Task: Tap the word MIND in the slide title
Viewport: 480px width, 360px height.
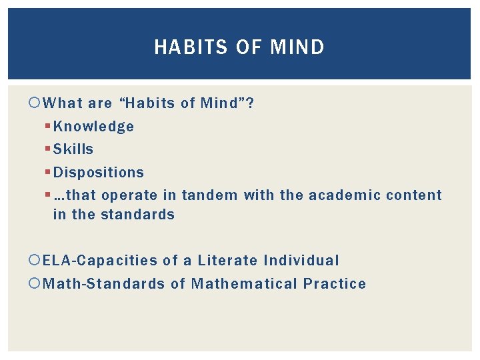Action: [298, 47]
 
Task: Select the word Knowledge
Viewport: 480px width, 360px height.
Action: [93, 127]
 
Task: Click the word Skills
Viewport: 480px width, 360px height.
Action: [73, 149]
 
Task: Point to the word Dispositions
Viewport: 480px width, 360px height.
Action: [99, 173]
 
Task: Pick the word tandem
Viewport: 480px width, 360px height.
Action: [209, 195]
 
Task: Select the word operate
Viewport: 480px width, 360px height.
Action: [132, 195]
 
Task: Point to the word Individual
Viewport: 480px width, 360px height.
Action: [301, 261]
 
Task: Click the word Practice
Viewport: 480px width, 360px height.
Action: [335, 284]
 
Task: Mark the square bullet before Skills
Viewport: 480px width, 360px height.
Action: [48, 149]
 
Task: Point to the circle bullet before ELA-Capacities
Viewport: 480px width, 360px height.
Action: [36, 261]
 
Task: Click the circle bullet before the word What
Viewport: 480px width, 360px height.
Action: [36, 103]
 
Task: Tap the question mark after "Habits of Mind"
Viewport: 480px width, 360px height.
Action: [250, 103]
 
